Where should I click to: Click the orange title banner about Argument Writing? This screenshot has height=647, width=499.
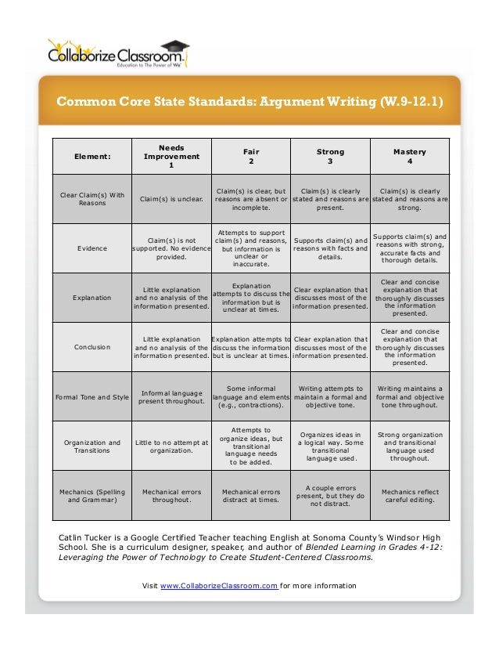click(x=249, y=102)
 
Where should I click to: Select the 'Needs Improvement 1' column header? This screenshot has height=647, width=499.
click(x=171, y=156)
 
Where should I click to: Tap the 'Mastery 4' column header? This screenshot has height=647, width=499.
click(x=410, y=156)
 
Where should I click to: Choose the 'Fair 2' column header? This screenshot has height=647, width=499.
click(x=251, y=156)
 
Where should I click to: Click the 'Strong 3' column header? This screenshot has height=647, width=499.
click(x=330, y=156)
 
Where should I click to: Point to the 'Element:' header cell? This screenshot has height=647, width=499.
click(x=92, y=156)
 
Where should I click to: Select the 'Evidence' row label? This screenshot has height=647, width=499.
click(x=92, y=248)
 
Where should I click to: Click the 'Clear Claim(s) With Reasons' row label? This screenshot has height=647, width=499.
click(x=92, y=199)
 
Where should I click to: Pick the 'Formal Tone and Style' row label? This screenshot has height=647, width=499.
click(x=92, y=397)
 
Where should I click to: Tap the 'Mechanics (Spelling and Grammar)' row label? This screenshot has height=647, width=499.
click(x=92, y=497)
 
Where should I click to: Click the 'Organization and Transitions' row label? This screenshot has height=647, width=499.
click(x=92, y=446)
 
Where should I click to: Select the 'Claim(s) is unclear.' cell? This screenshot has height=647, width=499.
click(x=171, y=199)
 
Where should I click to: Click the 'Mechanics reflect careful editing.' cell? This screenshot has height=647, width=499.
click(x=410, y=497)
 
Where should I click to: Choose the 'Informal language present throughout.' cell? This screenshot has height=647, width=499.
click(x=171, y=397)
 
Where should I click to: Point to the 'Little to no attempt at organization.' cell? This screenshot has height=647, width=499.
click(x=171, y=446)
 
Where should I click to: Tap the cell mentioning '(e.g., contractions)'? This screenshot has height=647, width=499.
click(x=251, y=397)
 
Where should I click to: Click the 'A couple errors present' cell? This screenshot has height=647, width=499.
click(x=330, y=497)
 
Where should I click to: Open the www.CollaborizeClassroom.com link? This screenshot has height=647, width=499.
click(x=219, y=586)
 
